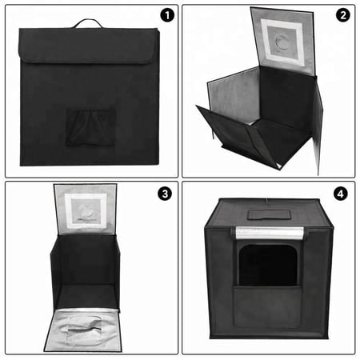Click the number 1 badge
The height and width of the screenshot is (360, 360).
coord(166,15)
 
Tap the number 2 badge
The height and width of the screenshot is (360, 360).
coord(342,15)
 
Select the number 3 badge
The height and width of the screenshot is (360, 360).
coord(166,194)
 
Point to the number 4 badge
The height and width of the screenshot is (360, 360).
coord(342,194)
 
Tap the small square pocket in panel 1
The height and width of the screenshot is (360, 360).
coord(90,126)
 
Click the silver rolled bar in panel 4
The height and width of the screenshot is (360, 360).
coord(270,233)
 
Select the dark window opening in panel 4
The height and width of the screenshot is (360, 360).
coord(269,265)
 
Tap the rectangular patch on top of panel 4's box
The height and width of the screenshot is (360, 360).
coord(268,214)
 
